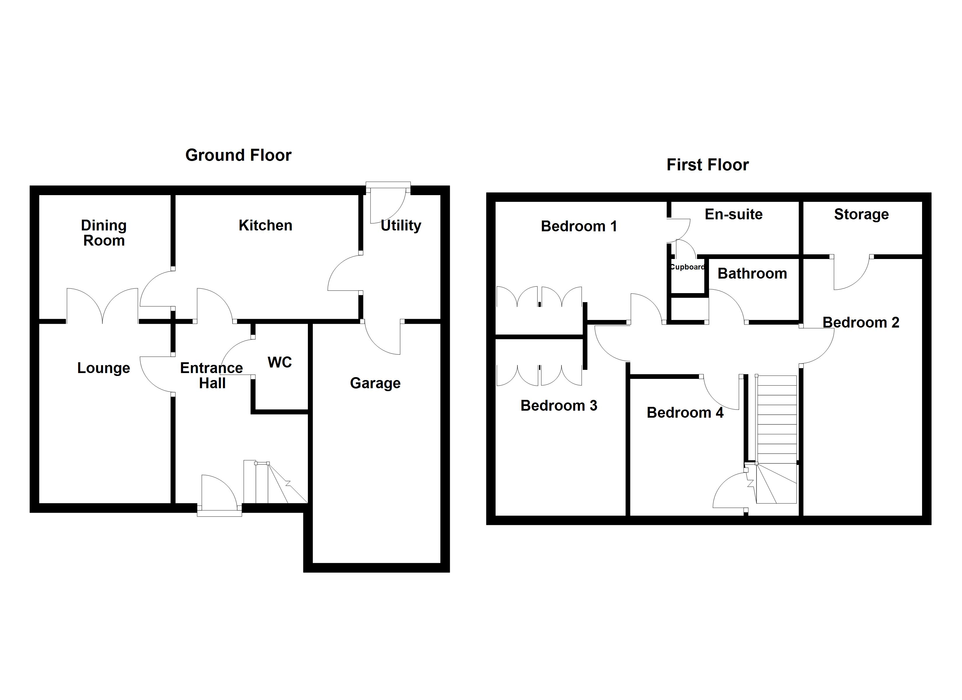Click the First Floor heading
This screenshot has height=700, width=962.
click(707, 165)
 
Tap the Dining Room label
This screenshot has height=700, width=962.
click(104, 233)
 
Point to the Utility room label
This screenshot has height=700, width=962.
click(401, 225)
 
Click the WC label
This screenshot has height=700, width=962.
click(280, 363)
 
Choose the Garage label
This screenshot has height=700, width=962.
click(375, 383)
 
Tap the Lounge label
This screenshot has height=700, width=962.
click(103, 368)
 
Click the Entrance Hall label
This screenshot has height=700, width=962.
click(212, 375)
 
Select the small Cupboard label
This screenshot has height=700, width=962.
click(687, 267)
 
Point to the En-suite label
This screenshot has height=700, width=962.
click(733, 214)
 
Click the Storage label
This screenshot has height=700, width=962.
click(861, 214)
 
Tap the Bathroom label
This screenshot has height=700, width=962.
click(752, 273)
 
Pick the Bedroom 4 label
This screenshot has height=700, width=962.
click(684, 413)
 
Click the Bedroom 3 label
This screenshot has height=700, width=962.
click(559, 406)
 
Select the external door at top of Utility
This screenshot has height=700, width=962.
click(388, 204)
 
